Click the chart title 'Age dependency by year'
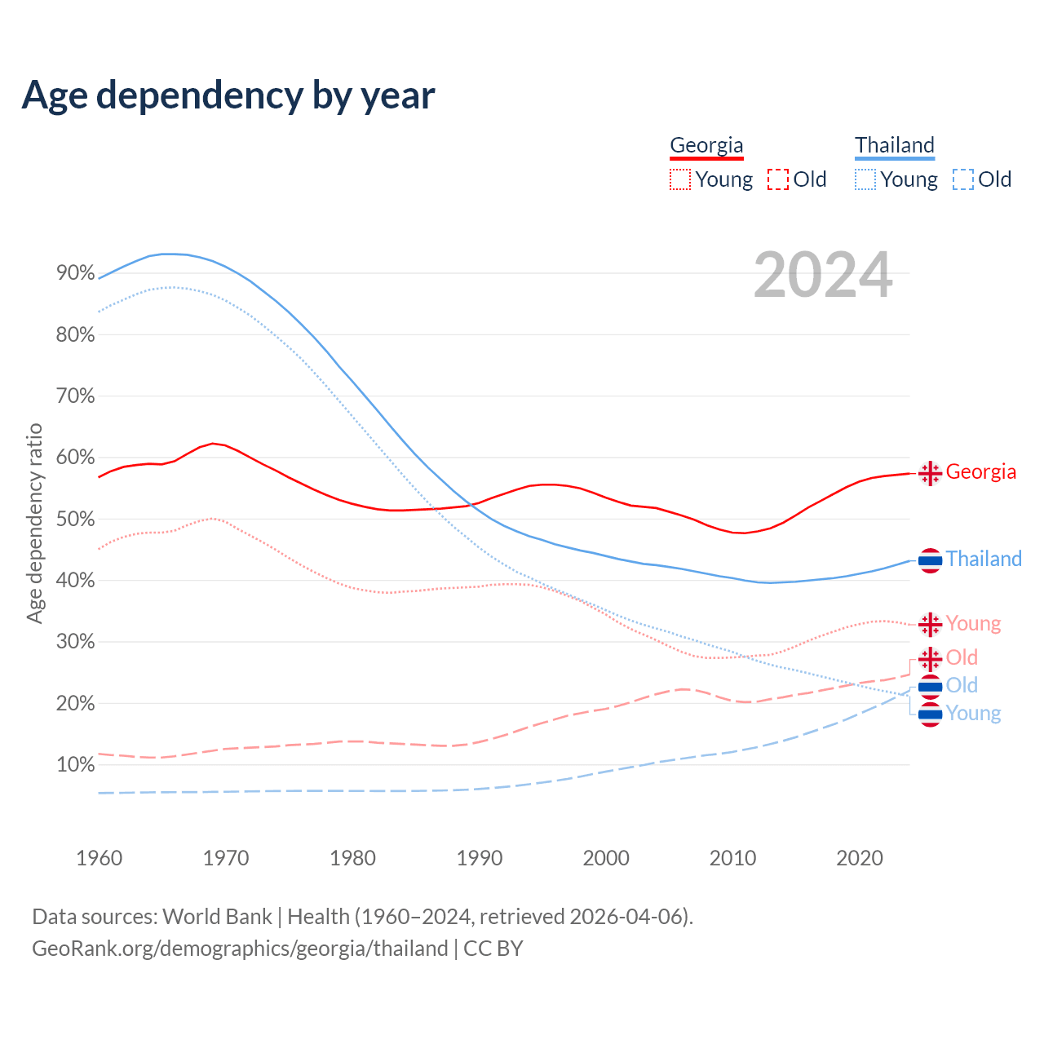(x=228, y=95)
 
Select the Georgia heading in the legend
(x=706, y=145)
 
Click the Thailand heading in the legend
(x=894, y=145)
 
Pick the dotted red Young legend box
(x=680, y=179)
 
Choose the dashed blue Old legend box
(x=963, y=179)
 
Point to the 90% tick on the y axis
(x=76, y=273)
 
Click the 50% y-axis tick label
(x=76, y=519)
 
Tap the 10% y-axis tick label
(x=76, y=765)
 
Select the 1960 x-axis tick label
(x=99, y=858)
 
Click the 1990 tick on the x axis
(x=480, y=858)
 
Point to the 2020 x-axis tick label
(x=860, y=858)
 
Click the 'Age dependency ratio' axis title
(x=34, y=523)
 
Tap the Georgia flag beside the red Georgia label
(x=930, y=473)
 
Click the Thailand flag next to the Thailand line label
(x=930, y=560)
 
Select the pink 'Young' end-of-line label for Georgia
(x=973, y=624)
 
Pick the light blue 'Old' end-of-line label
(x=962, y=685)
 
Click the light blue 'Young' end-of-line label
(x=973, y=714)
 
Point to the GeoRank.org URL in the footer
(x=240, y=949)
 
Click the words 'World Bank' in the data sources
(x=217, y=917)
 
